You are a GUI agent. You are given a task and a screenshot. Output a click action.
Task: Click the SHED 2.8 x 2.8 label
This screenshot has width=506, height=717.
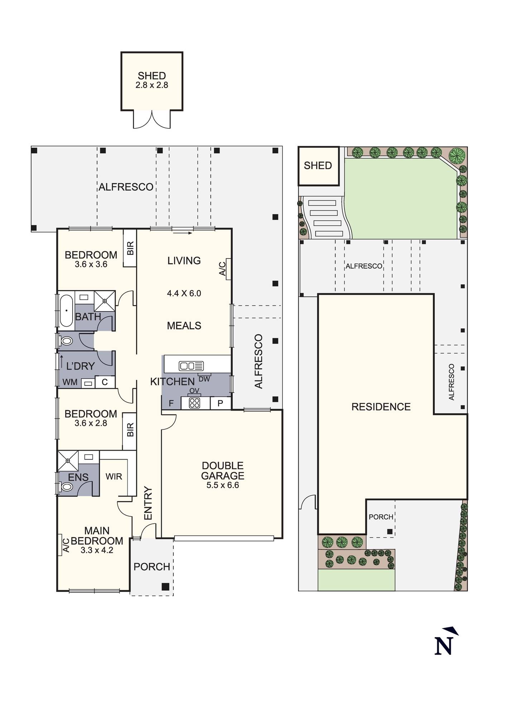point(152,80)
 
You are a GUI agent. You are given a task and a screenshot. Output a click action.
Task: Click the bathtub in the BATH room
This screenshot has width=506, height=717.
point(66,311)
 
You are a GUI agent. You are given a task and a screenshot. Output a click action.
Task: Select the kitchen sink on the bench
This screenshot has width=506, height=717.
point(192,366)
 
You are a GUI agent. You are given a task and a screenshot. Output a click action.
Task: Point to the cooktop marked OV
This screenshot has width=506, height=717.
point(194,403)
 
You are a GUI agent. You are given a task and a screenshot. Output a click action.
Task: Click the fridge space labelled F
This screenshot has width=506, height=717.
point(171,403)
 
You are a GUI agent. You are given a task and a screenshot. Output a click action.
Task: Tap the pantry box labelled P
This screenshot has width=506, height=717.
point(220,403)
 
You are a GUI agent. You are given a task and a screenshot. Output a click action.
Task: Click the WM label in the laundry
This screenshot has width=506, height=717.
point(70,382)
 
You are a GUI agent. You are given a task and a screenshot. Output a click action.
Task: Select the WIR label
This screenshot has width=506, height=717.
point(114,476)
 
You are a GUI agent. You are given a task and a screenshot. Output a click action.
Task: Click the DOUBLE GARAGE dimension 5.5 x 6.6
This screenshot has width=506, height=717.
point(223,485)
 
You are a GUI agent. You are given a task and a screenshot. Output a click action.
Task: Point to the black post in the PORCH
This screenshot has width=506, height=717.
point(165,587)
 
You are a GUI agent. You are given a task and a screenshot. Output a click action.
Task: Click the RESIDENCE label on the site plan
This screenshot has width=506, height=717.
point(381,407)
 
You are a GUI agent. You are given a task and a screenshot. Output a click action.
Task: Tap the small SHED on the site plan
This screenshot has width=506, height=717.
point(319,166)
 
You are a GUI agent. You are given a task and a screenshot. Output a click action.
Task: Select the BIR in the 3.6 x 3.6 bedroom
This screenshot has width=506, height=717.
point(130,248)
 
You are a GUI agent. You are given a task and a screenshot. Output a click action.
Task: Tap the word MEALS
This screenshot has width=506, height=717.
point(184,326)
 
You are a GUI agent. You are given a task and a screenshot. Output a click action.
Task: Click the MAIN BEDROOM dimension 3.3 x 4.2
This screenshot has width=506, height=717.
point(97,550)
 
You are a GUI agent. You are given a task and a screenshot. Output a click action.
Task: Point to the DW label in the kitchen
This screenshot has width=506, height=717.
point(204,379)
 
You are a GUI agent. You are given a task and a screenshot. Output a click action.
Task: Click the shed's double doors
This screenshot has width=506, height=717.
point(152,119)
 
